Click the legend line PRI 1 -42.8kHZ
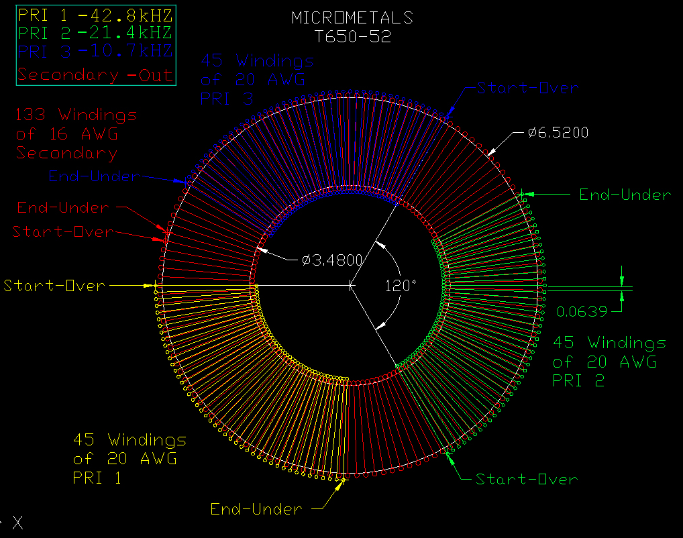click(x=95, y=15)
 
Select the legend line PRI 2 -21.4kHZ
click(x=95, y=33)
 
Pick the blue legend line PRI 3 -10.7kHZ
click(x=95, y=51)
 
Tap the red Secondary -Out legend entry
click(x=95, y=75)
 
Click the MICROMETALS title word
click(x=352, y=18)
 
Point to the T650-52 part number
click(x=353, y=37)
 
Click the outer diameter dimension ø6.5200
click(x=558, y=132)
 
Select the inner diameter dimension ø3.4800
click(x=332, y=260)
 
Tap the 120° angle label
click(x=401, y=286)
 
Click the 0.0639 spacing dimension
click(x=582, y=311)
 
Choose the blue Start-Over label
click(x=527, y=88)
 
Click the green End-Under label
click(x=625, y=195)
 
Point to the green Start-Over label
click(x=527, y=479)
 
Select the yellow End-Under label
click(x=256, y=508)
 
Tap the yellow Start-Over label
click(x=54, y=286)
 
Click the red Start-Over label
click(x=63, y=231)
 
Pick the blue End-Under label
click(x=94, y=176)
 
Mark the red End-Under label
click(x=63, y=207)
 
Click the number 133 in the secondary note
click(x=30, y=115)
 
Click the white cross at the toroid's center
click(x=352, y=286)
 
